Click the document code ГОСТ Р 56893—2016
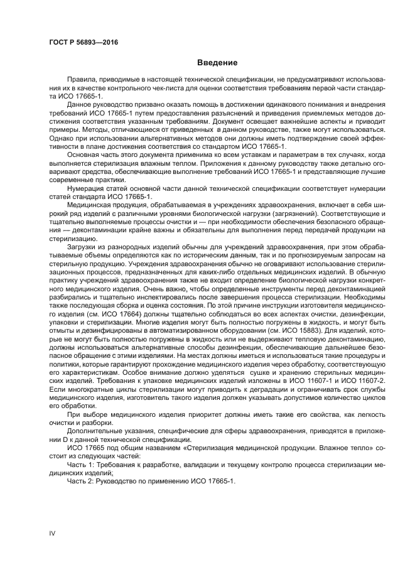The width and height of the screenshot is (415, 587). pos(84,42)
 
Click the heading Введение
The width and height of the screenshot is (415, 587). pos(217,63)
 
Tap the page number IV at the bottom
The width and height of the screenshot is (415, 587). pos(52,533)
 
